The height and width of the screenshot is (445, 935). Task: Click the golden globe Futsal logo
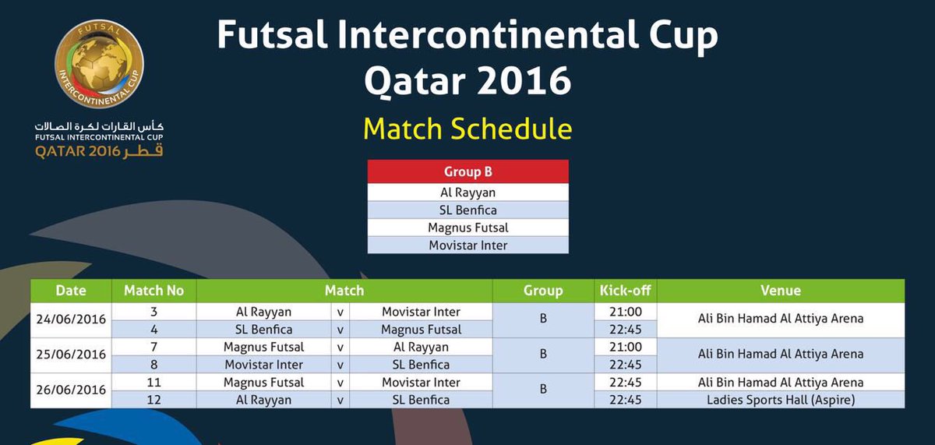pos(100,63)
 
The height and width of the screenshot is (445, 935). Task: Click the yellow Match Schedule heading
pos(467,129)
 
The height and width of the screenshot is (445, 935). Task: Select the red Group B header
pos(468,171)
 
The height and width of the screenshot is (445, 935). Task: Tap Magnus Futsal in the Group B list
pos(468,228)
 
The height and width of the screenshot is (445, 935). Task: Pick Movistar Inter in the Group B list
pos(468,245)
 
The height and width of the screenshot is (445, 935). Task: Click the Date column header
pos(71,291)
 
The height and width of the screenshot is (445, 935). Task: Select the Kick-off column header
pos(625,291)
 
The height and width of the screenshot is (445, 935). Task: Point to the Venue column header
pos(781,291)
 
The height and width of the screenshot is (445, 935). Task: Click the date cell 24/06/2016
pos(71,320)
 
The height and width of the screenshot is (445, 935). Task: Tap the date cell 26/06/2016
pos(71,390)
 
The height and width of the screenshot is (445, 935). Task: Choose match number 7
pos(154,347)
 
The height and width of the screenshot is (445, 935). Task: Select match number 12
pos(154,400)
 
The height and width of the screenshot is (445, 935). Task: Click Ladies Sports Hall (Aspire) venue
pos(781,400)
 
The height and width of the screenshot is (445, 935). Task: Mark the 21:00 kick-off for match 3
pos(625,312)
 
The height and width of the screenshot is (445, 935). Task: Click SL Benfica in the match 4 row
pos(264,330)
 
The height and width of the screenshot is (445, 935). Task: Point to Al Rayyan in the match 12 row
pos(264,400)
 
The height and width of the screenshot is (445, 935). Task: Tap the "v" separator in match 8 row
pos(340,365)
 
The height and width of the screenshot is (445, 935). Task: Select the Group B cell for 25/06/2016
pos(543,354)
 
